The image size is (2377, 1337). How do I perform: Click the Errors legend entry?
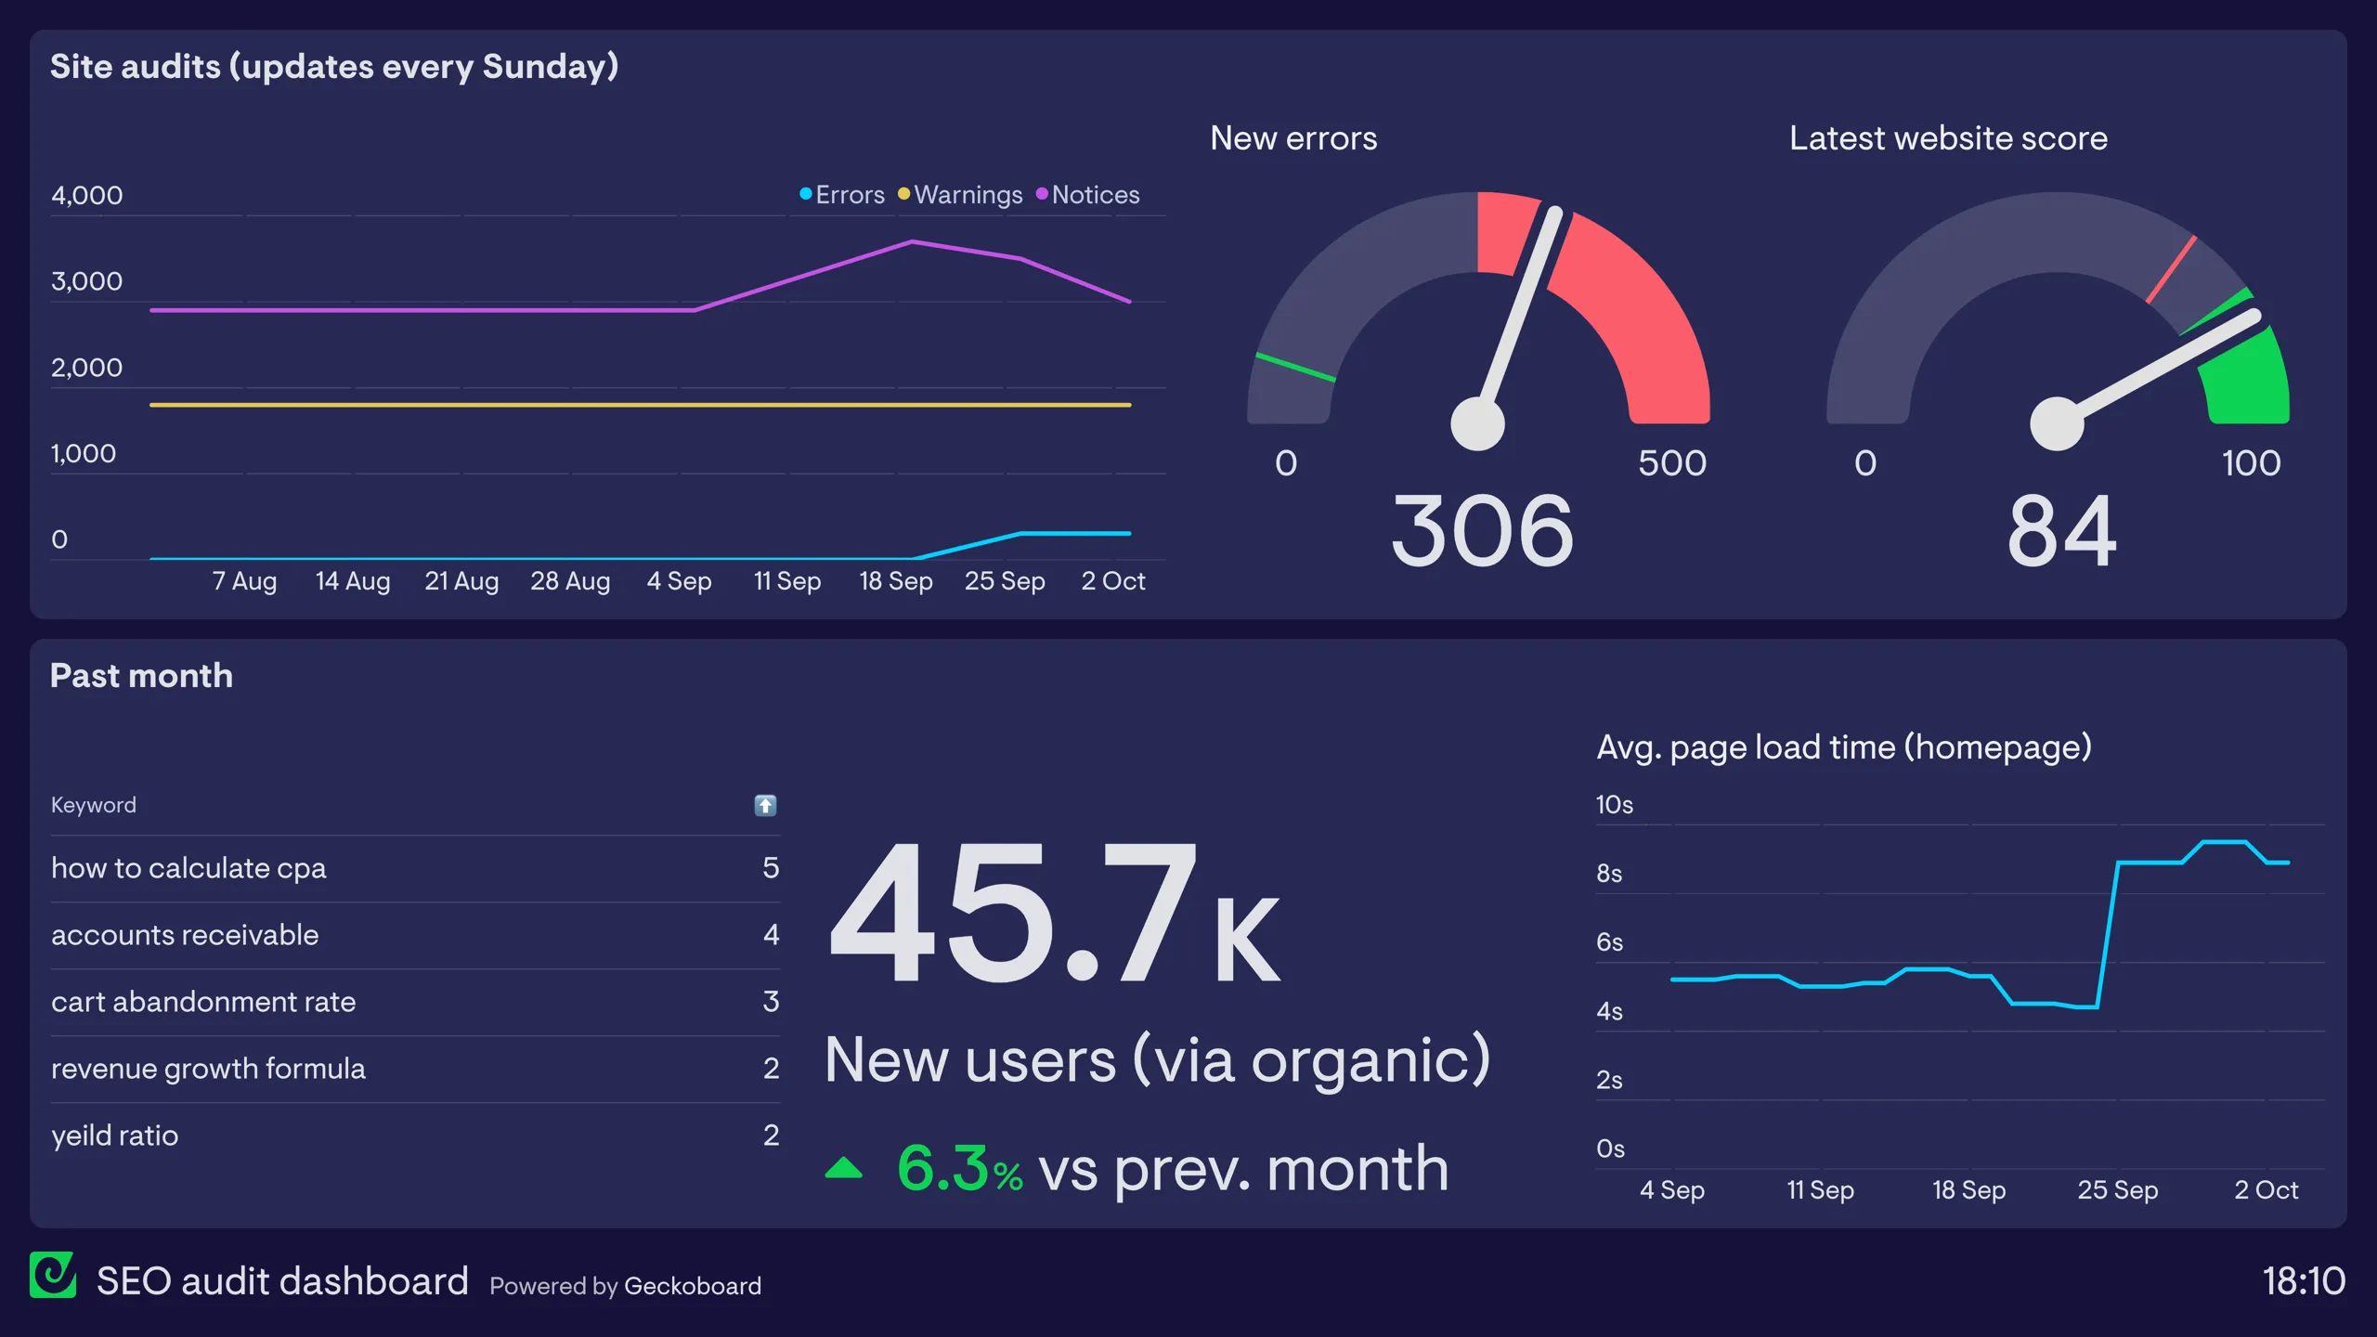(842, 195)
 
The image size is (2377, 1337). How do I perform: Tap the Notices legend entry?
(1087, 195)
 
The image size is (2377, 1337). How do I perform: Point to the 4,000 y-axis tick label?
(86, 195)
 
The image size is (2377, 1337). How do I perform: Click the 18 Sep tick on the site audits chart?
(895, 581)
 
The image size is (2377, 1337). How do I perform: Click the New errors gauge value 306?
(1482, 531)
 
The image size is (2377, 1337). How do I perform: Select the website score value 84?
(2061, 531)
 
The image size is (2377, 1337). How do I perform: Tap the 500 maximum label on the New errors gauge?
(1671, 462)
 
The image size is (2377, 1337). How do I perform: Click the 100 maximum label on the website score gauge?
(2251, 462)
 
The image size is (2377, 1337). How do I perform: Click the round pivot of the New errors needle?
(1477, 423)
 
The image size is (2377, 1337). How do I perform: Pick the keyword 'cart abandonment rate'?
(203, 1002)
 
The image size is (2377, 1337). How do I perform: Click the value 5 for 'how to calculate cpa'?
(771, 868)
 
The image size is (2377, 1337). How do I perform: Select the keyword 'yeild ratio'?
(114, 1136)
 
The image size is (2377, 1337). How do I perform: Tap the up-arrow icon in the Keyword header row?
(765, 805)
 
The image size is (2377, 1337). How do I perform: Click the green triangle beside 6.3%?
(843, 1168)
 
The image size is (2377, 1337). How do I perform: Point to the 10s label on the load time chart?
(1614, 805)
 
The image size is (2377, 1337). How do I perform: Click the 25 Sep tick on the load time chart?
(2117, 1190)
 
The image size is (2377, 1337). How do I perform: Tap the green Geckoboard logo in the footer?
(53, 1275)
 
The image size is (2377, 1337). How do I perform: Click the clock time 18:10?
(2304, 1281)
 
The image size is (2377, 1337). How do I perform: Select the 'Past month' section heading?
(141, 676)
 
